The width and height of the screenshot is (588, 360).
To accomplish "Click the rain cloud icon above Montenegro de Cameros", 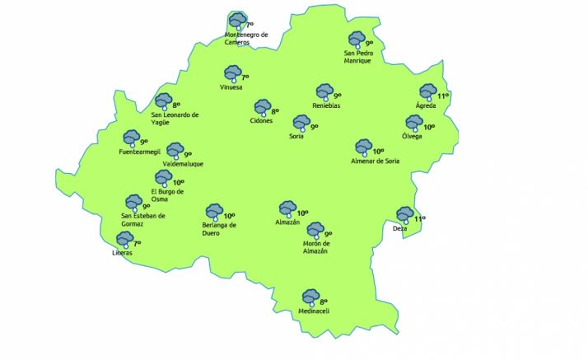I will coord(237,21).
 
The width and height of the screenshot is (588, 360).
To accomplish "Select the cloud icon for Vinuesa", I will coord(232,73).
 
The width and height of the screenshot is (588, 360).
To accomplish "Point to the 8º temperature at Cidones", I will coord(275,110).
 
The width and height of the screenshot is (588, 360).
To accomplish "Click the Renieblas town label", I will coord(326,105).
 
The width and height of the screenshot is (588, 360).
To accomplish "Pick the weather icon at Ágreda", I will coord(427,92).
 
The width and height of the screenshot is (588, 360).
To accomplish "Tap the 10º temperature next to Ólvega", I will coord(428,127).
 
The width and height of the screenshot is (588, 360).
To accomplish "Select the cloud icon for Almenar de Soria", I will coord(363,147).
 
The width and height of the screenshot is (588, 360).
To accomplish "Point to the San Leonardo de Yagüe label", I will coord(176,119).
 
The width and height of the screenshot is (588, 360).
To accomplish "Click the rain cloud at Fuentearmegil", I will coord(131,138).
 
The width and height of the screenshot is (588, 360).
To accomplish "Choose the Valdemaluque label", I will coord(183,164).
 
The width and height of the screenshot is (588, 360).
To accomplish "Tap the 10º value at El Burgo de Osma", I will coord(178,183).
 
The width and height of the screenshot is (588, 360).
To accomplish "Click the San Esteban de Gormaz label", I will coord(143,220).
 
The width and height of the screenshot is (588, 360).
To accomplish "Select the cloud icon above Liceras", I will coord(124,240).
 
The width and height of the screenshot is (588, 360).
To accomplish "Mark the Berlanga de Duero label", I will coord(219,228).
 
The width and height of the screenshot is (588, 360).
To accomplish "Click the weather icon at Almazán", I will coord(287,208).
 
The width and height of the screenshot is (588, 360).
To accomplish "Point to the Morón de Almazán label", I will coord(315,247).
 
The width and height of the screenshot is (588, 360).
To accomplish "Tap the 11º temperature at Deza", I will coord(419,219).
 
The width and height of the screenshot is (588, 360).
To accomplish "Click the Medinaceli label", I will coord(314,311).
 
